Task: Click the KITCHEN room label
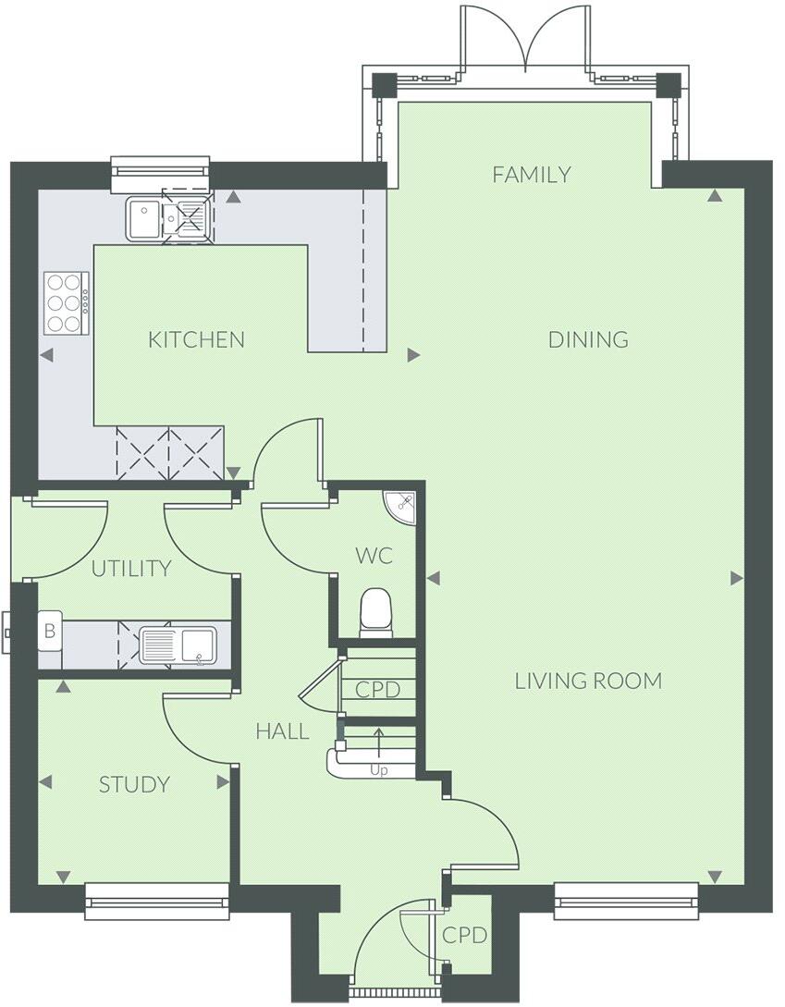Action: point(196,339)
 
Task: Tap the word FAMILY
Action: point(531,174)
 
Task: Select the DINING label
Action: point(588,339)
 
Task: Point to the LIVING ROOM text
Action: point(588,682)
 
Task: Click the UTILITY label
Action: point(131,568)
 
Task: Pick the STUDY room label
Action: point(134,785)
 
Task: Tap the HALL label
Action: point(282,731)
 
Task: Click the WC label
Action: point(374,556)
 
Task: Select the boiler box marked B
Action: point(49,632)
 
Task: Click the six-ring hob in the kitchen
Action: point(67,303)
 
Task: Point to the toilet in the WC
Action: point(375,612)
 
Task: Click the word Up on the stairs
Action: point(378,769)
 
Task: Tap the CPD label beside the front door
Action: point(464,935)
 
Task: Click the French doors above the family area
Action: point(525,42)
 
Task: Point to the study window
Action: point(156,900)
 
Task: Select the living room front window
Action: point(626,900)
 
